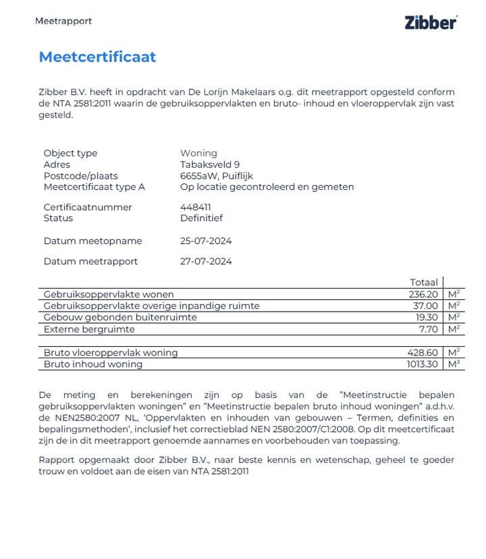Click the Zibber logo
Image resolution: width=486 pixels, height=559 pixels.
tap(431, 22)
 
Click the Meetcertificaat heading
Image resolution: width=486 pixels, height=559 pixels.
tap(97, 57)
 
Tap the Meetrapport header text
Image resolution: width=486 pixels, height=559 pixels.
tap(63, 21)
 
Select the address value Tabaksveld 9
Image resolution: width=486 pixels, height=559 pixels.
tap(210, 164)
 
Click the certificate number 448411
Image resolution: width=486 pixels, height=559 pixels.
tap(195, 207)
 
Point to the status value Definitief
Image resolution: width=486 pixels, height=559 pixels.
tap(201, 218)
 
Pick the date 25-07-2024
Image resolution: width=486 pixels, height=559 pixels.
tap(206, 241)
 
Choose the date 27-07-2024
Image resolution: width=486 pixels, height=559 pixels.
tap(206, 261)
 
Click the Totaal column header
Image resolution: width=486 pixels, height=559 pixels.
tap(424, 282)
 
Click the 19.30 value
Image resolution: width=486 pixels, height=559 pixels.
tap(427, 317)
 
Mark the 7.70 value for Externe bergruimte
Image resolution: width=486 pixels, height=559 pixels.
tap(429, 329)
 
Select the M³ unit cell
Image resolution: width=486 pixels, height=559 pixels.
tap(454, 364)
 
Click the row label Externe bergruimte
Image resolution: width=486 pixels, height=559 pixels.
tap(89, 329)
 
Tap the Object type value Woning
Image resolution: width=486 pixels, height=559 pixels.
tap(198, 153)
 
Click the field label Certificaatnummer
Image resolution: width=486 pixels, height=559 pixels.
tap(88, 207)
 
